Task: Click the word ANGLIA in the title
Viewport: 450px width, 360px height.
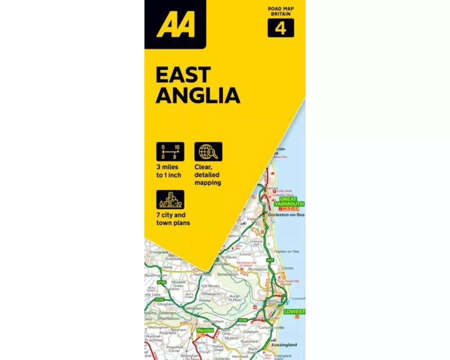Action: pyautogui.click(x=198, y=95)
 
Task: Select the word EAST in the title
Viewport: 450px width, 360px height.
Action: pyautogui.click(x=183, y=75)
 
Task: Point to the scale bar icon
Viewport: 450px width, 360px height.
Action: pyautogui.click(x=170, y=152)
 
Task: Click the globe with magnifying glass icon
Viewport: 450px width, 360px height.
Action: pyautogui.click(x=208, y=152)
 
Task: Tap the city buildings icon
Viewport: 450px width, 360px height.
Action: pyautogui.click(x=170, y=200)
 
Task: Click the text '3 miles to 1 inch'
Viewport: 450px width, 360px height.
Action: pyautogui.click(x=169, y=171)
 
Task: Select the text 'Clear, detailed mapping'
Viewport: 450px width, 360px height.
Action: pyautogui.click(x=207, y=175)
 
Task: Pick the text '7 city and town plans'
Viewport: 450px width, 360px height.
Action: pyautogui.click(x=173, y=219)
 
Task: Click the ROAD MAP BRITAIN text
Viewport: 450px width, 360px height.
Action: pyautogui.click(x=281, y=11)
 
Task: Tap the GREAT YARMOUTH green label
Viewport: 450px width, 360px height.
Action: pyautogui.click(x=289, y=201)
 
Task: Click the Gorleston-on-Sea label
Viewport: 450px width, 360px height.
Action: pyautogui.click(x=286, y=215)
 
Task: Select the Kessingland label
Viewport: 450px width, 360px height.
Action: pyautogui.click(x=284, y=345)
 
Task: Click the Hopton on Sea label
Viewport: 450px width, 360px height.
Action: pyautogui.click(x=286, y=251)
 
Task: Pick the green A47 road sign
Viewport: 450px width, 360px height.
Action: pyautogui.click(x=270, y=261)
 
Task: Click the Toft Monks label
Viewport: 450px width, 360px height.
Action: pyautogui.click(x=210, y=286)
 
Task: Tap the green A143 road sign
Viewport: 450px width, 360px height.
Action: pyautogui.click(x=159, y=299)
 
